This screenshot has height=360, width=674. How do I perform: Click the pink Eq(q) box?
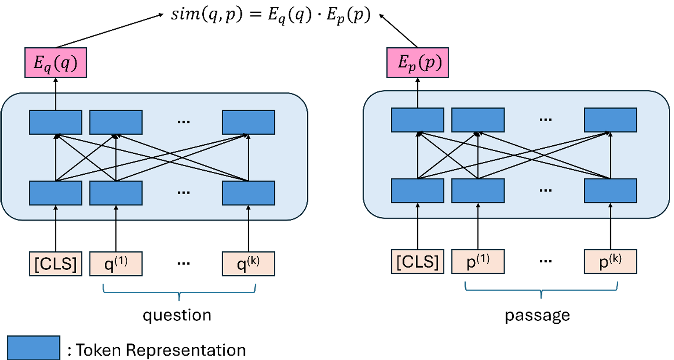[x=55, y=63]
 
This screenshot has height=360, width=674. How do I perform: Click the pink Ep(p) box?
[x=417, y=63]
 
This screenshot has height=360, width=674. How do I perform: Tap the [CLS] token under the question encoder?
[x=55, y=264]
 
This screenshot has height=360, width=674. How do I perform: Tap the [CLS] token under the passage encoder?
[x=417, y=262]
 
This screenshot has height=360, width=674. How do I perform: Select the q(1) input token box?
[x=116, y=264]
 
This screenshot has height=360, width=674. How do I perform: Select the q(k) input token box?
[x=248, y=264]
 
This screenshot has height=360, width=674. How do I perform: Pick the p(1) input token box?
[x=478, y=262]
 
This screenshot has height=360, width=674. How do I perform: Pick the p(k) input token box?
[x=610, y=262]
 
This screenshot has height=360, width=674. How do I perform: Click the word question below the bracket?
[x=177, y=315]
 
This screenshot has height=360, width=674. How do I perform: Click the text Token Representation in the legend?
[x=161, y=350]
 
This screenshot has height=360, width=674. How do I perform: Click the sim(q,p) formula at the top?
[x=271, y=15]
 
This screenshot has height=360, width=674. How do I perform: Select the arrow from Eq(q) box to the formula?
[x=109, y=30]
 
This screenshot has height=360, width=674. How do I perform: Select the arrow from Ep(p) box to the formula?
[x=398, y=31]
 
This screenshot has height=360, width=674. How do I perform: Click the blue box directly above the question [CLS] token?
[x=55, y=193]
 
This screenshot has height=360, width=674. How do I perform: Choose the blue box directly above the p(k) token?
[x=610, y=190]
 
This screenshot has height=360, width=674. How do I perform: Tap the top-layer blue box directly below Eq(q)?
[x=55, y=122]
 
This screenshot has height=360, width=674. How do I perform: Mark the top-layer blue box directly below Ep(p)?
[x=417, y=120]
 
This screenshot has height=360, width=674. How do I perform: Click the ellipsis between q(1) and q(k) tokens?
[x=184, y=264]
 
